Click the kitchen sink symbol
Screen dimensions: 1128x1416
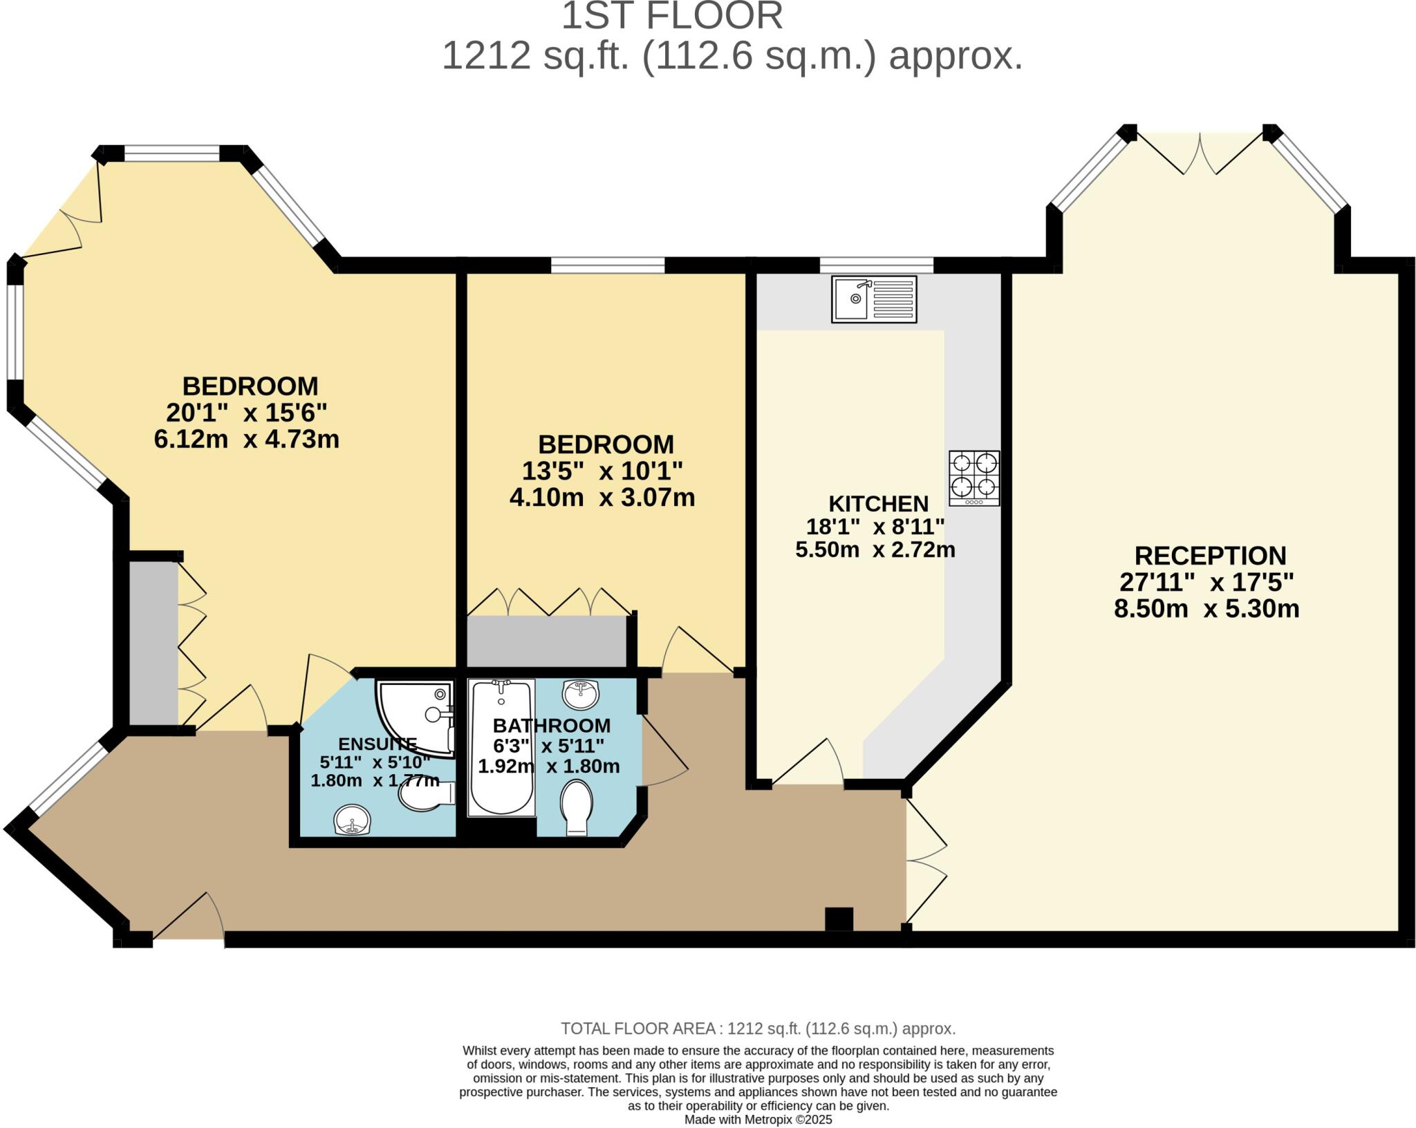coord(874,299)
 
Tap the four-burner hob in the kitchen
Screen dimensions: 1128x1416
coord(974,478)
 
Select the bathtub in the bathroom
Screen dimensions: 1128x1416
coord(502,747)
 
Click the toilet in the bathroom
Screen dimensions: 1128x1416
coord(577,807)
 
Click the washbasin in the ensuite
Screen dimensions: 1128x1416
coord(353,821)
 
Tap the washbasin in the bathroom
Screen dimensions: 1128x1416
coord(581,694)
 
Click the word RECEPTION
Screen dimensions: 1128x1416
coord(1210,556)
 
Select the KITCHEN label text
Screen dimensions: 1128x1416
coord(878,503)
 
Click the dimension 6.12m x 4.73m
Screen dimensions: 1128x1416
coord(246,440)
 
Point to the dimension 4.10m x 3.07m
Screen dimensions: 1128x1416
coord(602,498)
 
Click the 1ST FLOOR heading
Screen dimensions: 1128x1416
coord(671,17)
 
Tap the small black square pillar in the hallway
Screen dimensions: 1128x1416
coord(839,919)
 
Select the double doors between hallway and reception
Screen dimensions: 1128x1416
coord(925,861)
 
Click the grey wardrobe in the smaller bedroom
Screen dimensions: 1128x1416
coord(546,641)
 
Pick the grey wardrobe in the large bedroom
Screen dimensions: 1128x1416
coord(153,643)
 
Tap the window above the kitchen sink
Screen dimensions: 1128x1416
coord(876,265)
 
